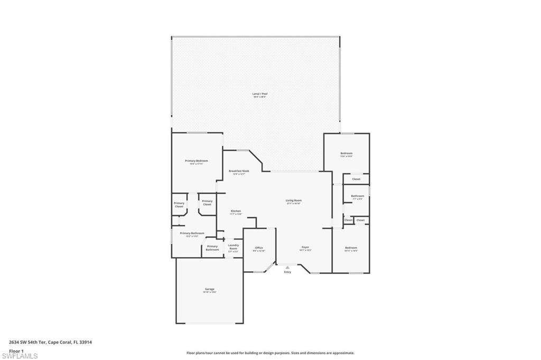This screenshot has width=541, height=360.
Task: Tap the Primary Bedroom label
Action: (197, 162)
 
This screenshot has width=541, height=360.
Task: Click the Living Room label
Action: (294, 201)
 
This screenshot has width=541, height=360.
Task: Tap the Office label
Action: (259, 249)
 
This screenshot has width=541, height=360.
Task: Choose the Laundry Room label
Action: (233, 247)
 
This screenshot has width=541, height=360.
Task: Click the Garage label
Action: (210, 290)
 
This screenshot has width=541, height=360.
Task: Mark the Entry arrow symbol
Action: (287, 268)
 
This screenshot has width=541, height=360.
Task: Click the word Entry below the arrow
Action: (287, 272)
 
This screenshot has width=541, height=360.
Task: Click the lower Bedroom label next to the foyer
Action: (351, 249)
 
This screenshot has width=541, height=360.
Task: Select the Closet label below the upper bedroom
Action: (356, 179)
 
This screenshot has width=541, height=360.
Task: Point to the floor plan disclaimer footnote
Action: (270, 353)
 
